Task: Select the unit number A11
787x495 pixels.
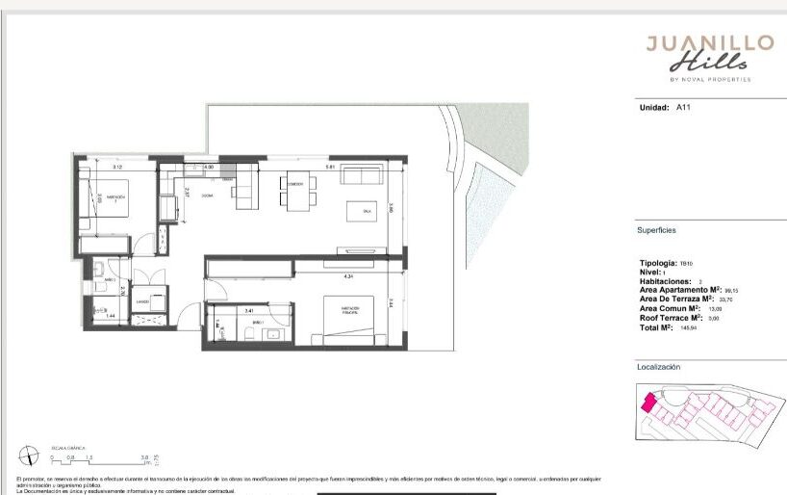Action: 683,108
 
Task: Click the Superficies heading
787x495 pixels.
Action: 656,231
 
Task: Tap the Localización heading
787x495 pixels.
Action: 658,367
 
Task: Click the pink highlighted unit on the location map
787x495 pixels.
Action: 648,402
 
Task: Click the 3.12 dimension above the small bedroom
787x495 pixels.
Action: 116,168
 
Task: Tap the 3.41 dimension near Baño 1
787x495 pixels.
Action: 249,310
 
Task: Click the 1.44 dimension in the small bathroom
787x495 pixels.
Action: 111,316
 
